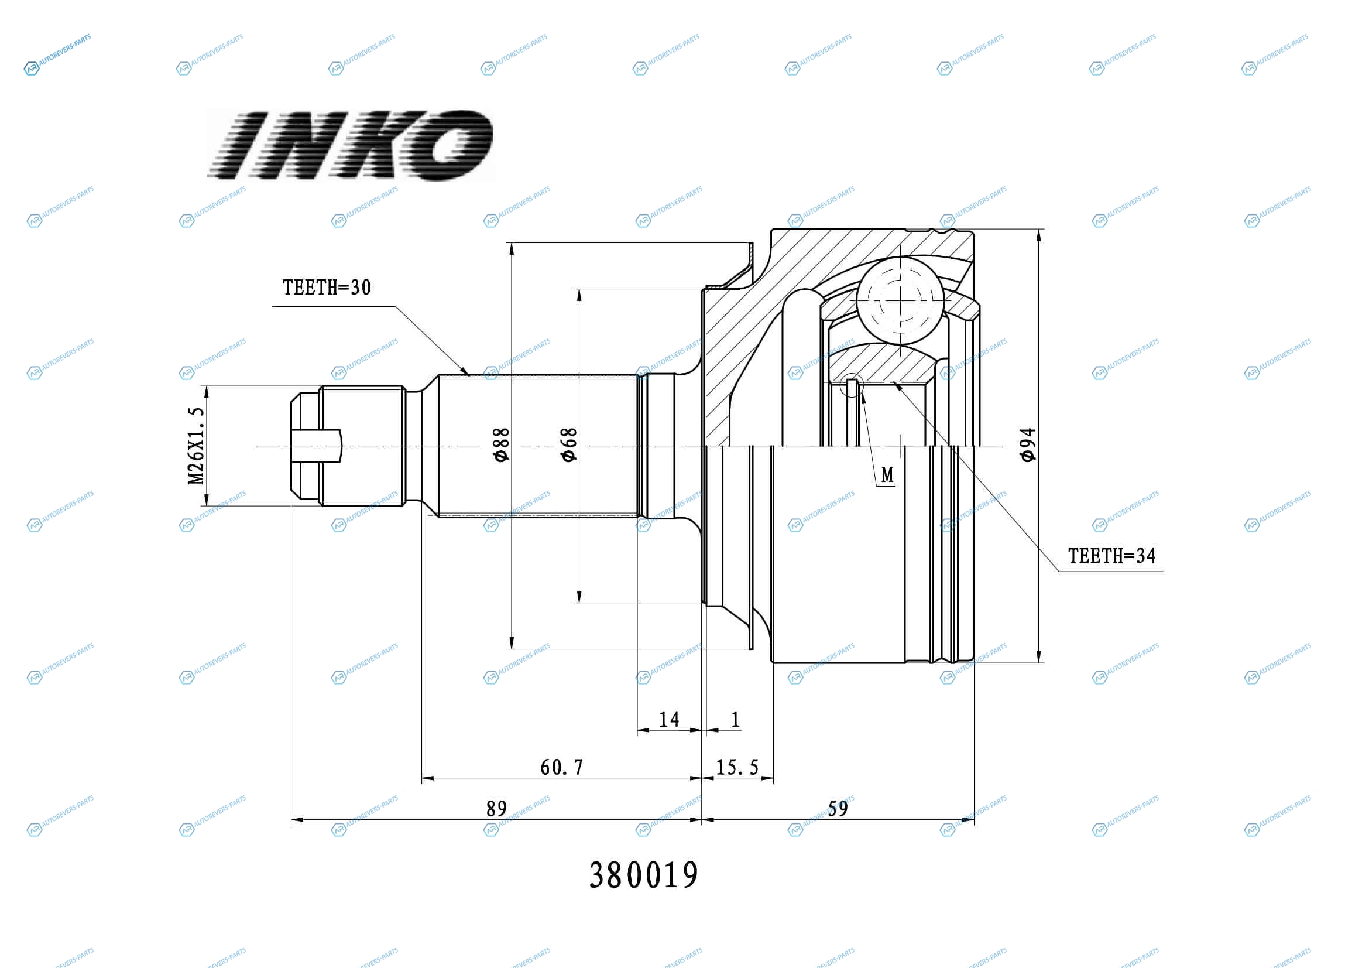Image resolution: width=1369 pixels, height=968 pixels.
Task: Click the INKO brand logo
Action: (350, 145)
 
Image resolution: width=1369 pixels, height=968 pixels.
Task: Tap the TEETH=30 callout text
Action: (327, 288)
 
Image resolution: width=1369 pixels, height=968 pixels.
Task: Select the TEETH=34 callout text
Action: (1111, 556)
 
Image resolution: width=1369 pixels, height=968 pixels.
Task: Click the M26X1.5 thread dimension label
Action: (196, 446)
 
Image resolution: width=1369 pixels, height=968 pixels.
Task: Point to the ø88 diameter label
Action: (502, 444)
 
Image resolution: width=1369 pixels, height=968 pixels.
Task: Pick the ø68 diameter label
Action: (569, 444)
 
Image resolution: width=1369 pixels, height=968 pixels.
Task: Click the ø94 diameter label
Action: (1027, 445)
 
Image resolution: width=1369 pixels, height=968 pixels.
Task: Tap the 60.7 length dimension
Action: (562, 767)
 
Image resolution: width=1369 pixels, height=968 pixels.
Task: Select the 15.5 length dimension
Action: (737, 767)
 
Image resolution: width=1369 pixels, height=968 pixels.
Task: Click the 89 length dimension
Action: (496, 809)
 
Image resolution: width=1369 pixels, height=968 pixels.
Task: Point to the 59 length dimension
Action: (838, 809)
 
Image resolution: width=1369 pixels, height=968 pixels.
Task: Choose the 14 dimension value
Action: (669, 719)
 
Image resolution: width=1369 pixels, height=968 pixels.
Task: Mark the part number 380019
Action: (644, 875)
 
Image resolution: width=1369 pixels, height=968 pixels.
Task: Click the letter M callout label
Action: (887, 475)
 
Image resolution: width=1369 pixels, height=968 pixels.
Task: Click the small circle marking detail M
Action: (852, 385)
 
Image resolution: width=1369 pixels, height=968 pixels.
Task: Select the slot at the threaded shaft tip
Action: (317, 446)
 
